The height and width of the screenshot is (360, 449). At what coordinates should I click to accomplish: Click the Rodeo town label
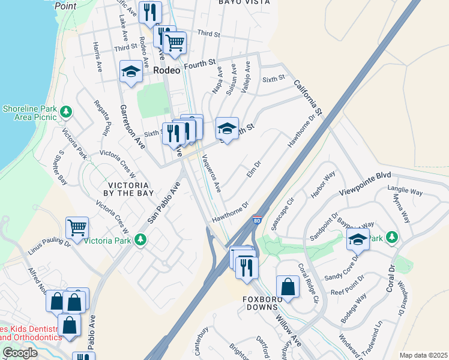(167, 70)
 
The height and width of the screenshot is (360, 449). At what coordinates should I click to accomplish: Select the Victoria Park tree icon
(140, 240)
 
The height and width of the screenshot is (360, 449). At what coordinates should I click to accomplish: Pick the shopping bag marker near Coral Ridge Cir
(288, 287)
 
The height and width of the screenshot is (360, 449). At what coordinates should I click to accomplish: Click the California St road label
(308, 98)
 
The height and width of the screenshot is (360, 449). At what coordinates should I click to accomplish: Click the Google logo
(20, 353)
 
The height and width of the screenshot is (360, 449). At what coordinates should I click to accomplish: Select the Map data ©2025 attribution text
(423, 355)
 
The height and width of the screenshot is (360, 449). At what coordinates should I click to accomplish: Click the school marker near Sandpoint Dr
(358, 239)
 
